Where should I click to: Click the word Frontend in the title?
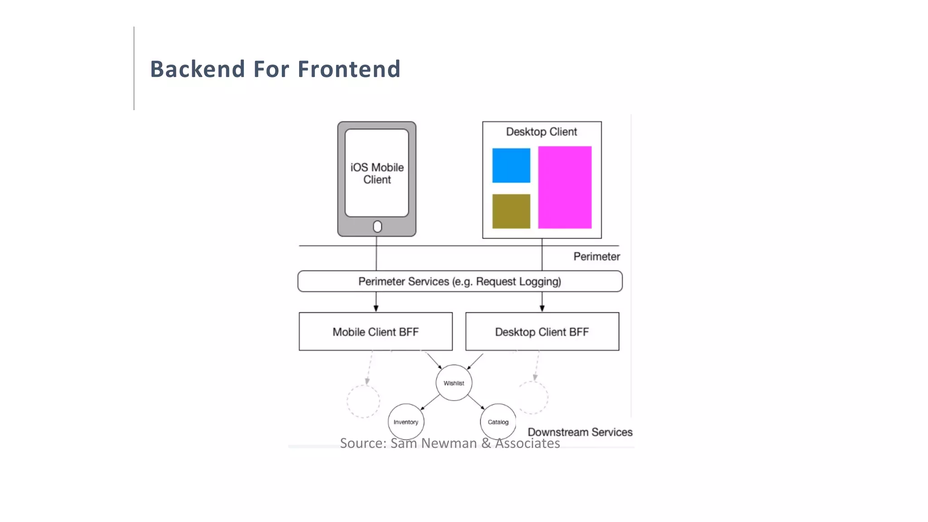349,69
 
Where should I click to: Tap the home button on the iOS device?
377,227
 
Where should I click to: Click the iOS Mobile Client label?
377,174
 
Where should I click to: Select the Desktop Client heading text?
541,132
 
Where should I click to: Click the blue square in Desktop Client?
511,165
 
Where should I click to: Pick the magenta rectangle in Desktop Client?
565,187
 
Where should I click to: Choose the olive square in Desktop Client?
511,211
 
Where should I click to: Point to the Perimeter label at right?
596,256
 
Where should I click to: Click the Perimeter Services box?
459,281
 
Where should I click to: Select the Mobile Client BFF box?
376,332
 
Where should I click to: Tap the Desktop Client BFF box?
542,332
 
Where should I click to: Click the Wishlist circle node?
454,383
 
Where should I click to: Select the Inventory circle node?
406,422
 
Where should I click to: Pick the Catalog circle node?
498,422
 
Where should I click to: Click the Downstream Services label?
580,432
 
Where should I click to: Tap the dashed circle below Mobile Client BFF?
363,401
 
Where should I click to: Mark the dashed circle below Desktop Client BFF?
532,397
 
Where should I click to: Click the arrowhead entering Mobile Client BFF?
376,308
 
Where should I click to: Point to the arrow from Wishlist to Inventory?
430,402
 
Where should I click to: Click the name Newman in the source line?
449,443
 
